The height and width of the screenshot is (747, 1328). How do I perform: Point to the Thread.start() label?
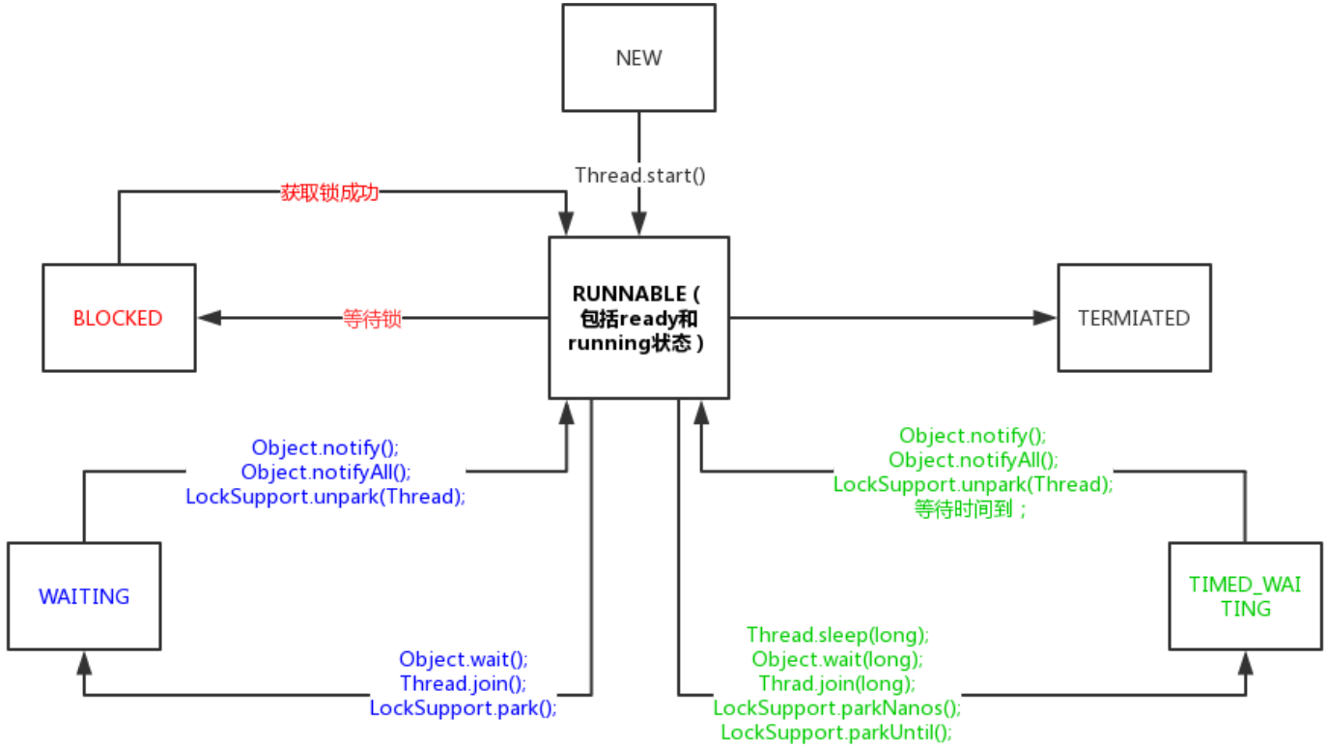(639, 176)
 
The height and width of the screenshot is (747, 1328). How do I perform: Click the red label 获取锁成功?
(329, 192)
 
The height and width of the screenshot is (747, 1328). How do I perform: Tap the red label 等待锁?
(372, 319)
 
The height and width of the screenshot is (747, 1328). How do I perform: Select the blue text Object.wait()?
(463, 659)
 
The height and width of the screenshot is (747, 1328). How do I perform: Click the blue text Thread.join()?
(463, 683)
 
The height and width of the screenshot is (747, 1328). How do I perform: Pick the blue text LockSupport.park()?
(463, 707)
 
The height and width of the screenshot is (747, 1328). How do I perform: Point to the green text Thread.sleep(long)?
(837, 635)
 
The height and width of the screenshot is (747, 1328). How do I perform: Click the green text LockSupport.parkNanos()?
(837, 707)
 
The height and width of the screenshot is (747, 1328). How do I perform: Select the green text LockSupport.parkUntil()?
(836, 733)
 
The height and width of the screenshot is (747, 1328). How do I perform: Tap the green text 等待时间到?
(964, 509)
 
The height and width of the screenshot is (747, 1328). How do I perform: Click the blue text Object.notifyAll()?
(325, 473)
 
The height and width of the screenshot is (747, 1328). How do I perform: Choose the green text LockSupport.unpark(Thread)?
(973, 485)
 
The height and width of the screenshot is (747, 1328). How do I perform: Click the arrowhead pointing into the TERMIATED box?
(1045, 318)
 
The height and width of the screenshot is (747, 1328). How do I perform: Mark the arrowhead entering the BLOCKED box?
(210, 318)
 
